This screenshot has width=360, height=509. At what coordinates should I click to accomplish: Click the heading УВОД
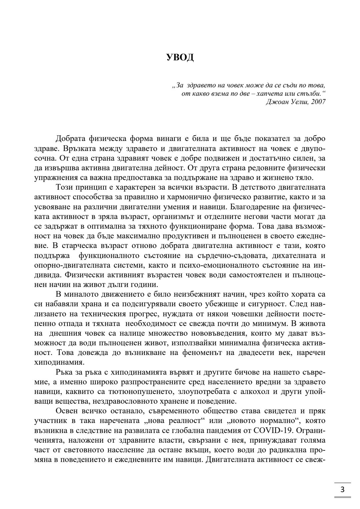pyautogui.click(x=180, y=58)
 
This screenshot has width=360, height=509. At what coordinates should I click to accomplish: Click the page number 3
pyautogui.click(x=342, y=490)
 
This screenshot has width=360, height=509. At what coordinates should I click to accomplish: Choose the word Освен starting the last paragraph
pyautogui.click(x=67, y=411)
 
